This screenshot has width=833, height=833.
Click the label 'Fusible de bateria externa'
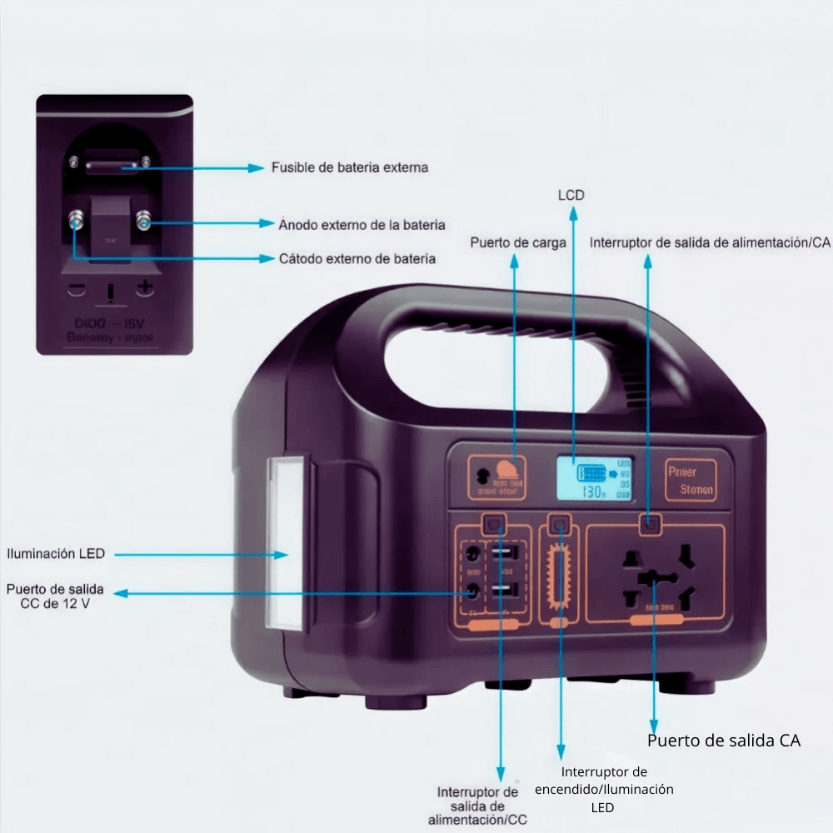pos(350,167)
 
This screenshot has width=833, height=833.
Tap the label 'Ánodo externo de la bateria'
pos(362,225)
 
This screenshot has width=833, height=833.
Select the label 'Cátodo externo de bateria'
pos(357,259)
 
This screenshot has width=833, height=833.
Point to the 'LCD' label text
pos(571,195)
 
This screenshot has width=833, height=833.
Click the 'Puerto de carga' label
pos(518,243)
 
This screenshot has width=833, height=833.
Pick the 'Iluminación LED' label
pos(56,553)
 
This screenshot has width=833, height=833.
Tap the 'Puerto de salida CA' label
pos(724,741)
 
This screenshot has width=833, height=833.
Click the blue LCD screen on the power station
pos(594,479)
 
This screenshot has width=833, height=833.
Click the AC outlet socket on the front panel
pos(655,575)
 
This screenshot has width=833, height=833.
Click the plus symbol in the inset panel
pos(145,287)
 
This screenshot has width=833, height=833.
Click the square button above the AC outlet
pos(651,524)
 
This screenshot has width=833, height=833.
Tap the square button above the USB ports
pos(495,524)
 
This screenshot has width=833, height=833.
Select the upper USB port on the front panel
pos(505,554)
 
